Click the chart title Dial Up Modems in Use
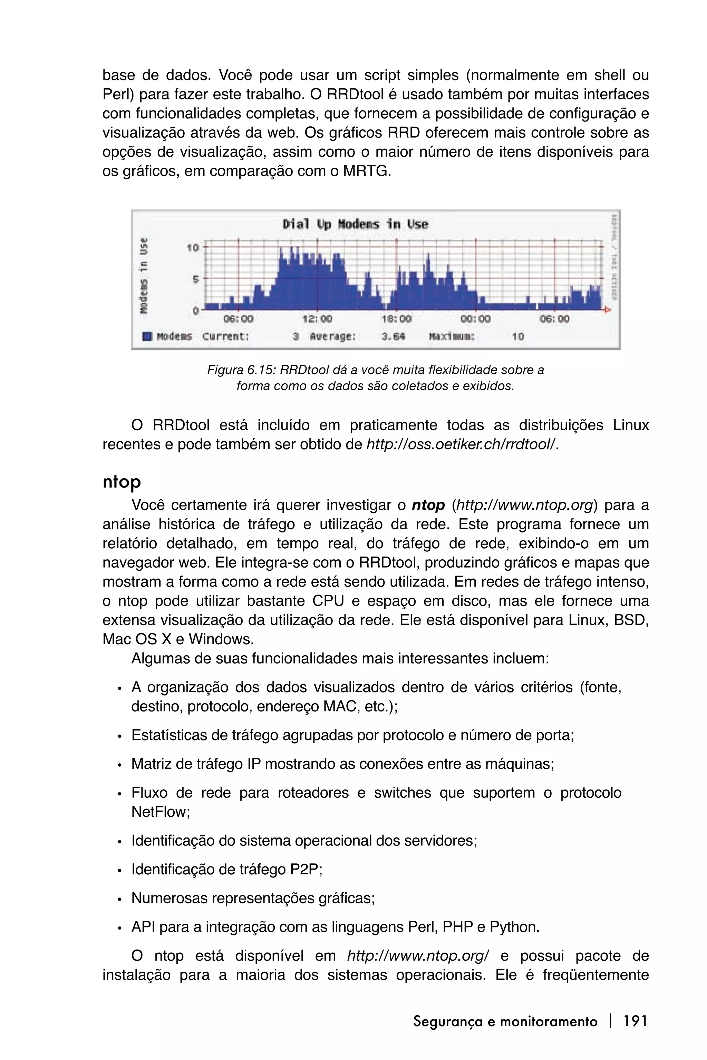coord(355,224)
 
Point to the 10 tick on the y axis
coord(193,247)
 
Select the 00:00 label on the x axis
coord(476,318)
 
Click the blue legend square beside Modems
coord(147,336)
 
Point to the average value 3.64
coord(393,336)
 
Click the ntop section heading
coord(122,482)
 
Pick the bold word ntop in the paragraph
coord(428,505)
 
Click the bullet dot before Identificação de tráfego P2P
coord(119,871)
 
